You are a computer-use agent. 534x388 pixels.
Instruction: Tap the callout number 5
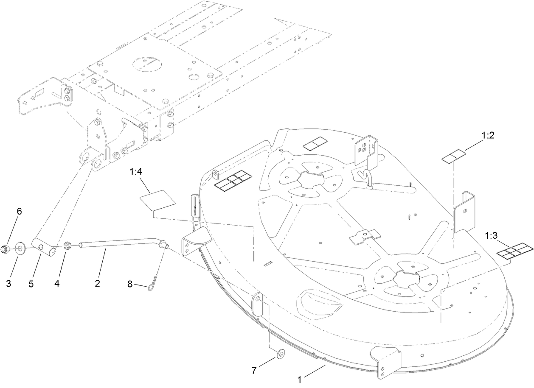[x=31, y=284]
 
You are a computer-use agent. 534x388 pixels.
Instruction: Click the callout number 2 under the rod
[x=97, y=284]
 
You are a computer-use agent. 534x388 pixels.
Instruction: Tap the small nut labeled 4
[x=67, y=246]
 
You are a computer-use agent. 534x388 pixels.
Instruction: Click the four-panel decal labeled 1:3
[x=514, y=251]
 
